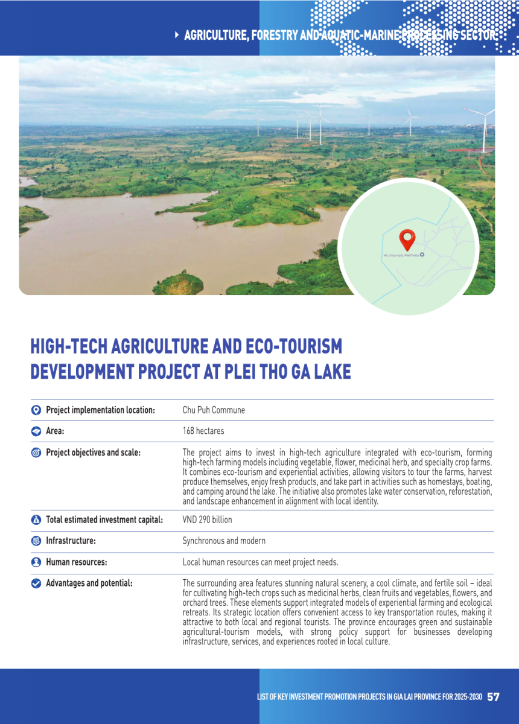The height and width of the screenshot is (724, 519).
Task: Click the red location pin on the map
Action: pos(408,239)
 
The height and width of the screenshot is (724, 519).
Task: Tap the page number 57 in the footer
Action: pos(493,697)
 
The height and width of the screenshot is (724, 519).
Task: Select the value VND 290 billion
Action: pos(207,519)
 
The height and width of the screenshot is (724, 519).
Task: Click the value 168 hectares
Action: pos(203,431)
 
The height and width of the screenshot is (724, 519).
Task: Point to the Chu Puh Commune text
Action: pos(214,410)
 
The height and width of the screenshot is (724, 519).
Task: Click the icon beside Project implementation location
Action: pos(36,410)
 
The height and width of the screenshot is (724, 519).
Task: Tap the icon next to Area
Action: pos(36,431)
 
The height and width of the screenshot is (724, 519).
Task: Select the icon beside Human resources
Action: pos(36,562)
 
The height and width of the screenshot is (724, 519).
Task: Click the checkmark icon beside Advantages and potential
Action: pos(36,583)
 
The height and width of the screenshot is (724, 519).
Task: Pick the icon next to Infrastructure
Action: pos(36,541)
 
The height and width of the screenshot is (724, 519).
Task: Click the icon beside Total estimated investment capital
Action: pos(36,520)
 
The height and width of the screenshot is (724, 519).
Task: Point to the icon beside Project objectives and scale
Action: pos(36,453)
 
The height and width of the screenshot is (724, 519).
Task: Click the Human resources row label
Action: pos(77,562)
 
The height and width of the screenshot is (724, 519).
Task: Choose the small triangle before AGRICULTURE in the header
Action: pos(176,35)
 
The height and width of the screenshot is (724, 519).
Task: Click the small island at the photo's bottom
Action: pos(179,282)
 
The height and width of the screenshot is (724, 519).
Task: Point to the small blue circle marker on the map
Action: pos(422,255)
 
